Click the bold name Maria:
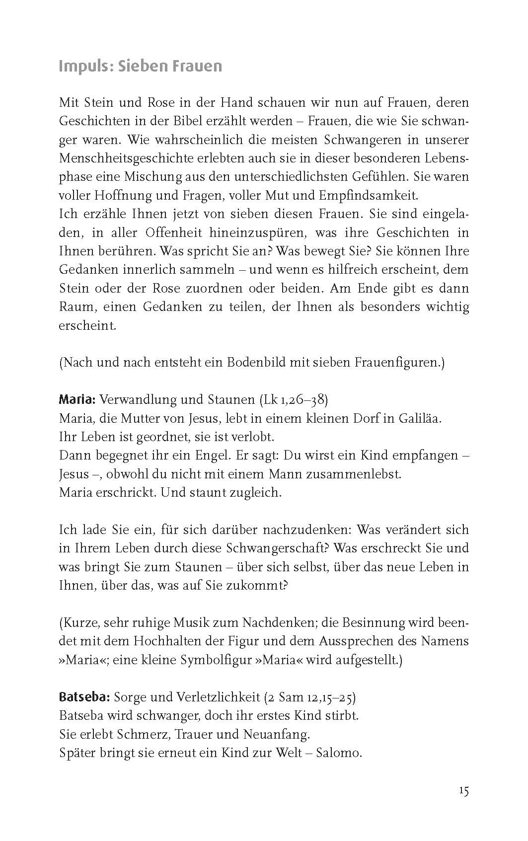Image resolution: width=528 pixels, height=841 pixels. (77, 399)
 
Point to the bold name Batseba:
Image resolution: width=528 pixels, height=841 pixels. (84, 697)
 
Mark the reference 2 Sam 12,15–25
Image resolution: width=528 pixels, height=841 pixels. (310, 697)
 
